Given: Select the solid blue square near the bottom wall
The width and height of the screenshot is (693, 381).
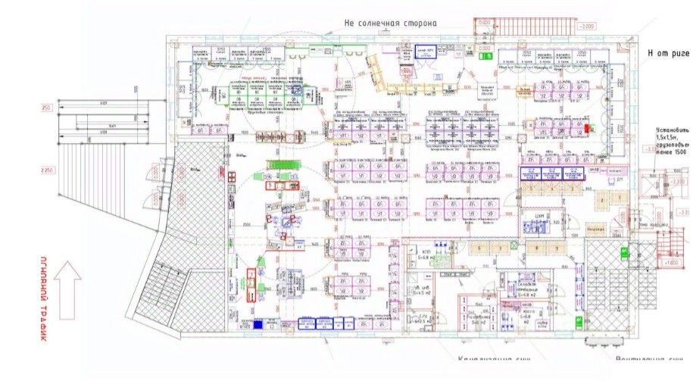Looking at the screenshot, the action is pos(258,325).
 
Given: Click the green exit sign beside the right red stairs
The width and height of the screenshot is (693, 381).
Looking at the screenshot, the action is pos(626,254).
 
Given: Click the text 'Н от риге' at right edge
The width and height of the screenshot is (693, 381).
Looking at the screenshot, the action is pos(667,53).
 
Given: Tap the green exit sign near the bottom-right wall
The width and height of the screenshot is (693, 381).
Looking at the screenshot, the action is pos(579,323).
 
